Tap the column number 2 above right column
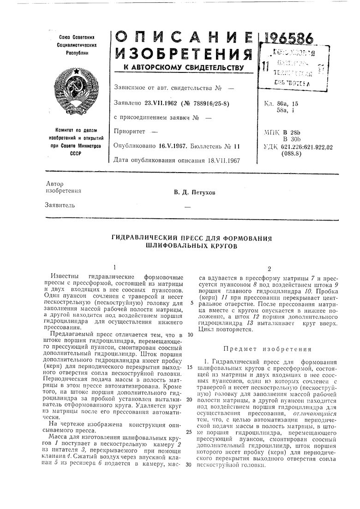click(x=269, y=269)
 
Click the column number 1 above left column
click(x=114, y=267)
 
